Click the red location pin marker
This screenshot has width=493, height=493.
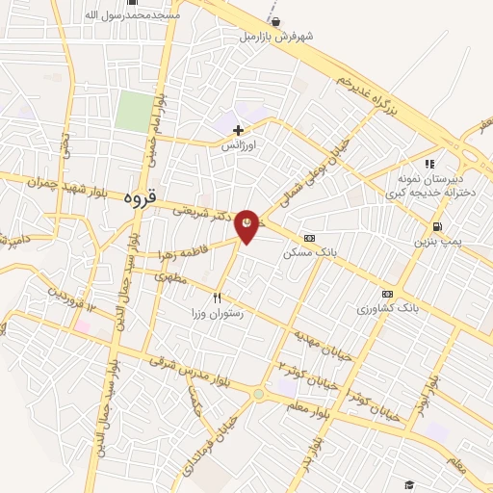click(x=247, y=225)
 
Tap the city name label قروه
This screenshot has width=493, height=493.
click(x=139, y=195)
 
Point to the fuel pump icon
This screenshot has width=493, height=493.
click(x=439, y=227)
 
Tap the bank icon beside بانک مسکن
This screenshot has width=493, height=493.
click(x=308, y=238)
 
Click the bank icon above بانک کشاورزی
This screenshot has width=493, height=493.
click(x=387, y=294)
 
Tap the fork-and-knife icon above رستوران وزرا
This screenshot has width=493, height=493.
click(x=218, y=298)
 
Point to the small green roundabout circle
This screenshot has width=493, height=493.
click(x=258, y=393)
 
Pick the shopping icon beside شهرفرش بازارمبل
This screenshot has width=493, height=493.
click(x=276, y=22)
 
